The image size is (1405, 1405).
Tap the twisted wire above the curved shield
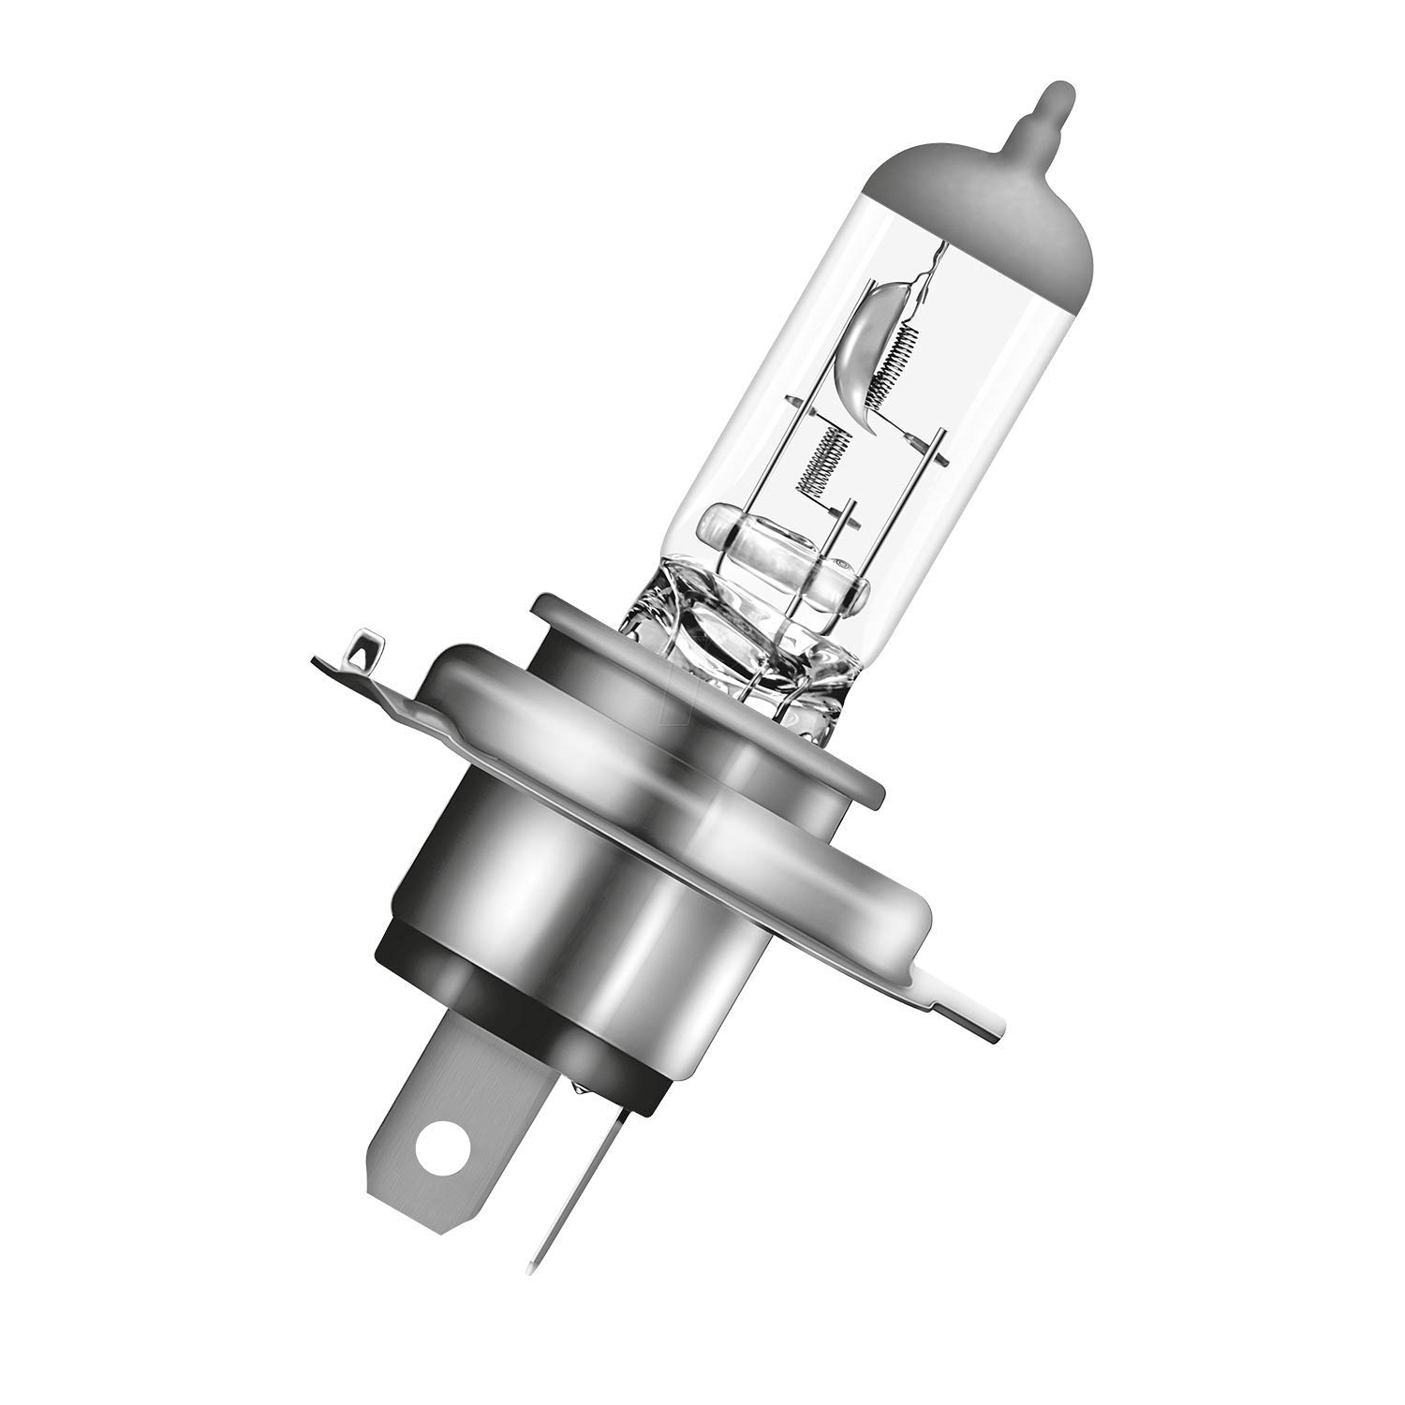point(927,272)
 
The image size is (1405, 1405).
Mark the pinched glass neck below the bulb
point(740,656)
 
